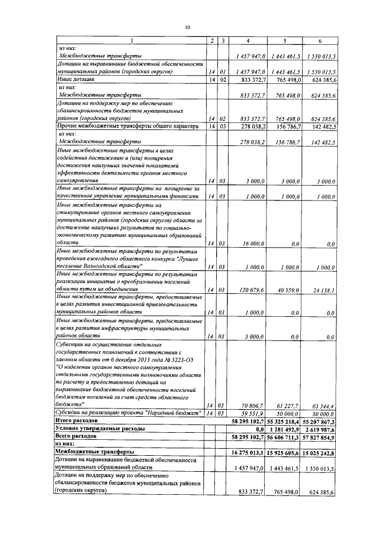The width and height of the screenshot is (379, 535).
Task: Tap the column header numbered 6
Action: coord(320,40)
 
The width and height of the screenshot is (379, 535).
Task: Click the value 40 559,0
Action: coord(290,290)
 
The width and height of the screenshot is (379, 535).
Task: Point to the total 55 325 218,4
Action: coord(285,420)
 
